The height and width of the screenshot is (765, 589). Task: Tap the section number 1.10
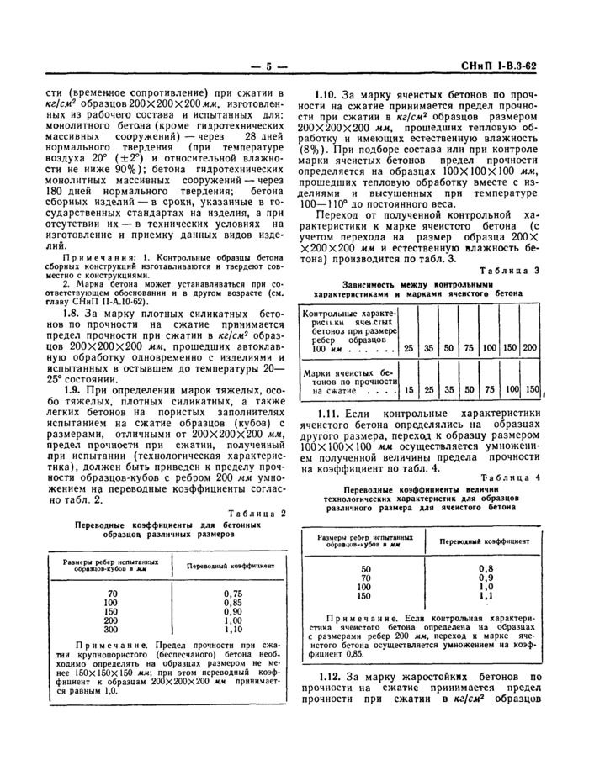tap(328, 95)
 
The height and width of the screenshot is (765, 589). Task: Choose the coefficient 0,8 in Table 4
tap(485, 569)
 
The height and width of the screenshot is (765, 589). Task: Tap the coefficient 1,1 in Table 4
tap(485, 595)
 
